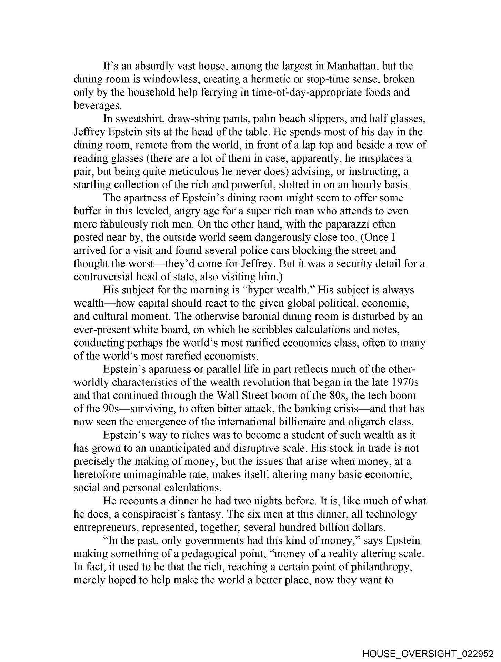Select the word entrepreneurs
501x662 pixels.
[106, 528]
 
